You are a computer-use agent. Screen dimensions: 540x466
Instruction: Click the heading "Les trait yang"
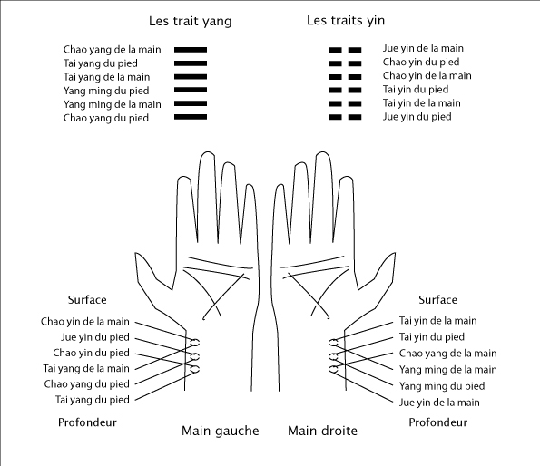point(190,22)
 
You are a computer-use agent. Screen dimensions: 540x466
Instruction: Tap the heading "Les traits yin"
point(346,21)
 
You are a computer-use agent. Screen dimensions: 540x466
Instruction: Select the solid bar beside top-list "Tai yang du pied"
point(191,63)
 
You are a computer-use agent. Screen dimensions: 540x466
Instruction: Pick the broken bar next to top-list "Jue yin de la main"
point(345,50)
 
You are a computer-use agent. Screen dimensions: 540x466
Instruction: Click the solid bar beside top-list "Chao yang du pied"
point(191,117)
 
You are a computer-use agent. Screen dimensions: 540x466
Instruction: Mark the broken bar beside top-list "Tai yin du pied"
point(345,90)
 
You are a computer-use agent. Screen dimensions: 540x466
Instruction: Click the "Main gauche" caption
point(220,431)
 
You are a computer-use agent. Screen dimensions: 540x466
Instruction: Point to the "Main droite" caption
point(322,431)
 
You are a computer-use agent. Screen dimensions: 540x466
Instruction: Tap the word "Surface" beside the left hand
point(87,300)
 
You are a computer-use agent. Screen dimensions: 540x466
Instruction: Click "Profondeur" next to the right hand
point(437,422)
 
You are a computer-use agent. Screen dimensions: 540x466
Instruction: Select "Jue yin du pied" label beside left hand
point(95,337)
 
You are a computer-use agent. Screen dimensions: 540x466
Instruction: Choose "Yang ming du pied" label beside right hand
point(442,386)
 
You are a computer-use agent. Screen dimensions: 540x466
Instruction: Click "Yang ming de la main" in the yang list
point(113,104)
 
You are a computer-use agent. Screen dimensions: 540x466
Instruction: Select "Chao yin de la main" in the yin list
point(427,75)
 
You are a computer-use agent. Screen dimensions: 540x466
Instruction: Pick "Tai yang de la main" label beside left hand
point(86,369)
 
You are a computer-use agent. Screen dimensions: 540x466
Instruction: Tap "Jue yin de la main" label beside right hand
point(439,403)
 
